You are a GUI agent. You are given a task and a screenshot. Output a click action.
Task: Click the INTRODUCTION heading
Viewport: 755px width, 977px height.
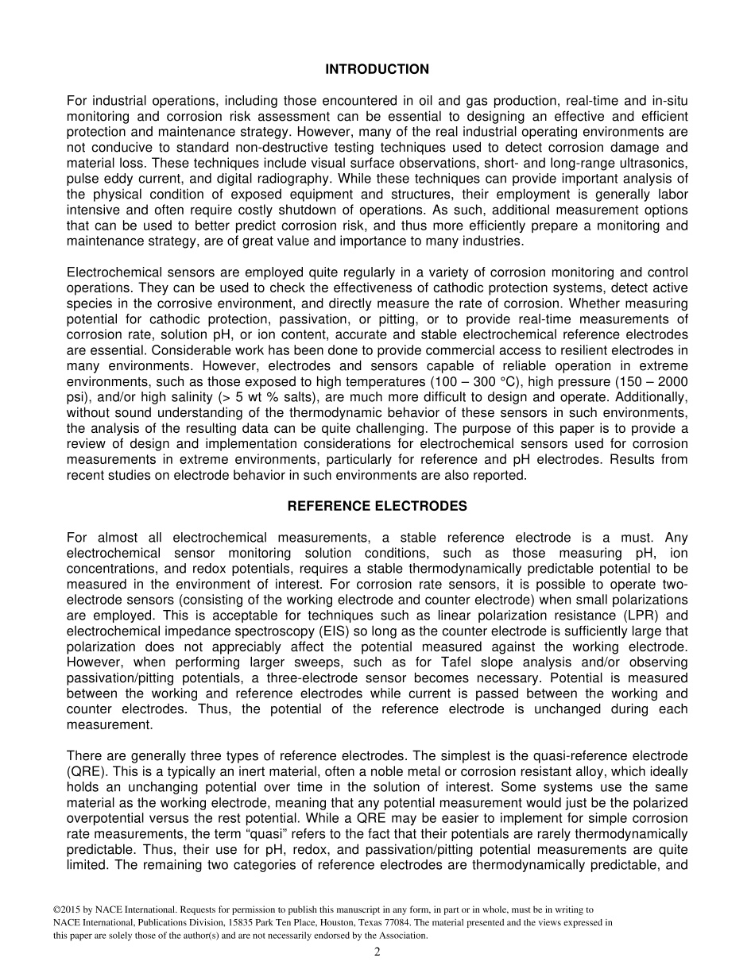(377, 70)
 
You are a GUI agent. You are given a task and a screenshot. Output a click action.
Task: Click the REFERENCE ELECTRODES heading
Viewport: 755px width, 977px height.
(377, 506)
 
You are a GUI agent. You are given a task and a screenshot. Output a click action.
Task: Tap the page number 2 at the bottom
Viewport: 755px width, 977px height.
(377, 953)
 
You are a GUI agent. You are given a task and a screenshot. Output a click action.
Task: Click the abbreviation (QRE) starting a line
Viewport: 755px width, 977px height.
(83, 771)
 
